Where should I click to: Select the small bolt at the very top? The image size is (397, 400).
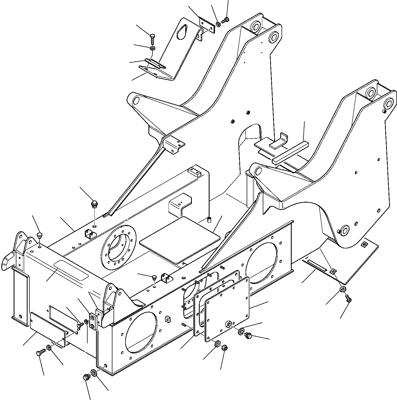[x=226, y=20]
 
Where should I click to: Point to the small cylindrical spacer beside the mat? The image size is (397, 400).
[x=209, y=219]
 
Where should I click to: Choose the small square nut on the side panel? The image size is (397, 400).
[x=167, y=319]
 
